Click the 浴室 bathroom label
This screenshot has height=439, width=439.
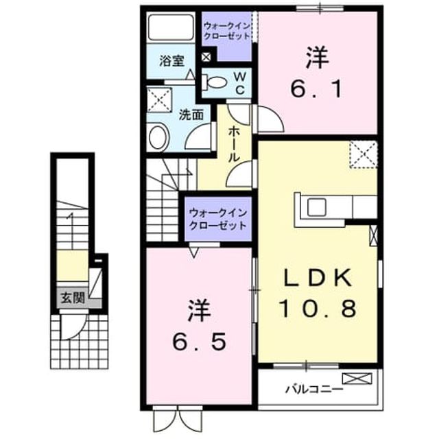tap(171, 61)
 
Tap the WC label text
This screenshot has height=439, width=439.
tap(240, 82)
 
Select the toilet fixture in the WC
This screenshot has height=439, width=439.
tap(215, 82)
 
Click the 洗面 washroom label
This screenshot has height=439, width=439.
tap(191, 115)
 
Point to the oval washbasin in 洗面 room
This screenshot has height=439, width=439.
tap(158, 137)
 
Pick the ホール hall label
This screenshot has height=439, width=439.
tap(234, 144)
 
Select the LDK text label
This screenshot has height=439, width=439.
tap(318, 277)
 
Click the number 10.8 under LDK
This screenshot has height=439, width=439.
tap(318, 308)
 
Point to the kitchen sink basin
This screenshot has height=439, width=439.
tap(317, 207)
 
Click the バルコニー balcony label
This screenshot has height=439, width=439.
tap(314, 389)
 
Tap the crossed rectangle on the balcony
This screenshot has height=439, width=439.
tap(357, 378)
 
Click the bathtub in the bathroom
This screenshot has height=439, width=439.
tap(171, 27)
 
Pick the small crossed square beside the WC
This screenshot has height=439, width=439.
tap(206, 57)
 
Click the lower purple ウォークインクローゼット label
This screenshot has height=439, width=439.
tap(218, 219)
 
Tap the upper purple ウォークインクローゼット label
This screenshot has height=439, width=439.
tap(227, 31)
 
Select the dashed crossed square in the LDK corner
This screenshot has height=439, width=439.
tap(364, 154)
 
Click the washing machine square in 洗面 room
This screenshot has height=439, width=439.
tap(159, 100)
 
